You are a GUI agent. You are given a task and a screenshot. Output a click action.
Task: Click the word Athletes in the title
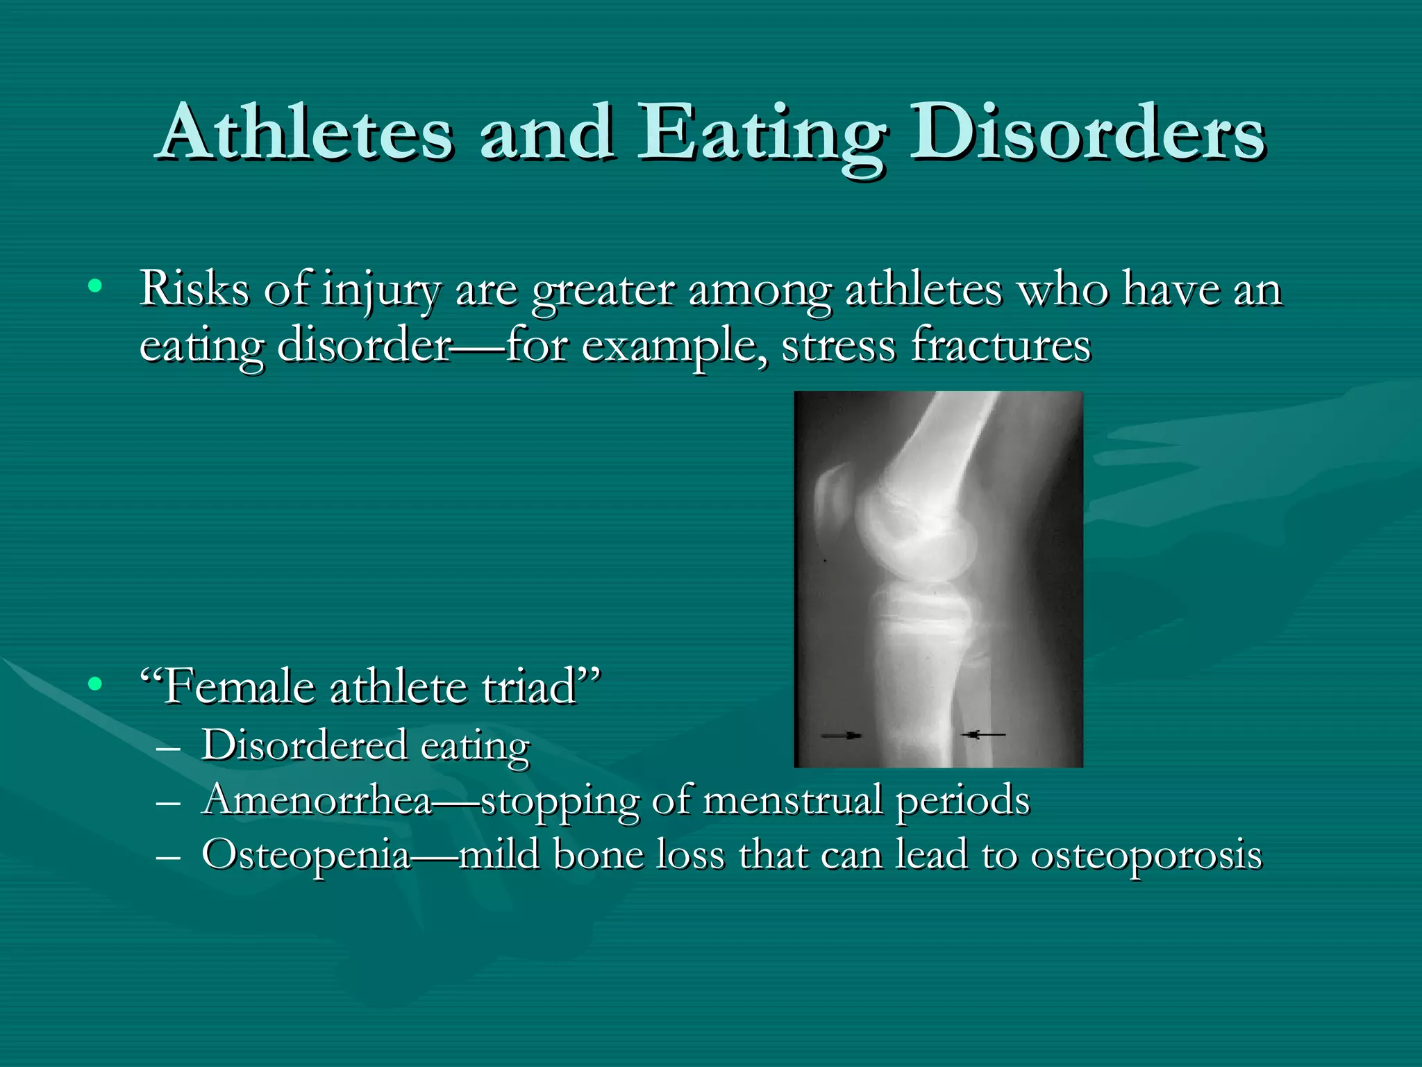click(x=306, y=132)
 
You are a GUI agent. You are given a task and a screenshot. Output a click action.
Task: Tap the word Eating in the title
click(x=761, y=133)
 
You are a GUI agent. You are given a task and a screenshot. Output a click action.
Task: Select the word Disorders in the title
click(x=1087, y=132)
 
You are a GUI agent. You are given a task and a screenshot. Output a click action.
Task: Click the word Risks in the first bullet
click(x=194, y=288)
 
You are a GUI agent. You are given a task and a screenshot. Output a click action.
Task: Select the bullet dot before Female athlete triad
click(x=95, y=684)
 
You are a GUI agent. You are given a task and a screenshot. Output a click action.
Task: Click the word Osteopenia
click(x=306, y=855)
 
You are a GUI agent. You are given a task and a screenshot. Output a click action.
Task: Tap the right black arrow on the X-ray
click(x=983, y=734)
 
